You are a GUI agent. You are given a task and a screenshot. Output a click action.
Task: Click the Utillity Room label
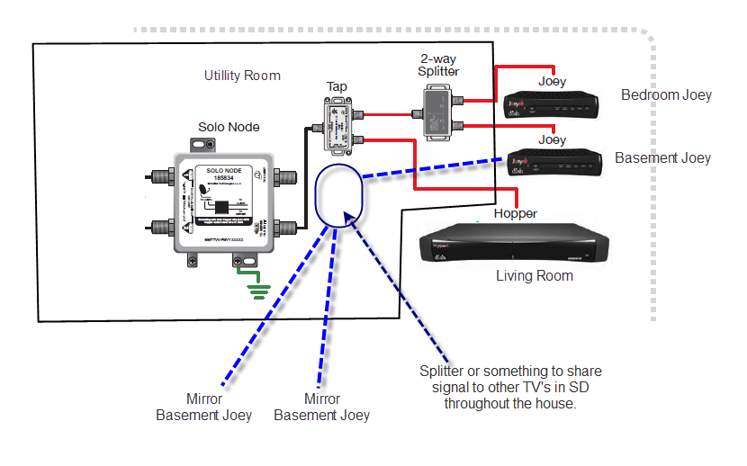tap(242, 76)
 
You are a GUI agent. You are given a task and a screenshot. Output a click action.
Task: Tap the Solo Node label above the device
tap(229, 127)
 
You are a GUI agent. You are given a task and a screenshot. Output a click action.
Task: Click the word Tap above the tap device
tap(337, 87)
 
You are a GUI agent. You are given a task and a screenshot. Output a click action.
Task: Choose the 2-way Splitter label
tap(438, 64)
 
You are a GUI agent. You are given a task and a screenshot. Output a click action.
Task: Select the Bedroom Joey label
tap(666, 94)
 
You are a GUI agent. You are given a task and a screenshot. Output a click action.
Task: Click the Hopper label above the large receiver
tap(515, 214)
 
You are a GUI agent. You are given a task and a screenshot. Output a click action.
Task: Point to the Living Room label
tap(535, 275)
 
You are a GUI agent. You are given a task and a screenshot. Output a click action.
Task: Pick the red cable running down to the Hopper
tap(415, 166)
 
